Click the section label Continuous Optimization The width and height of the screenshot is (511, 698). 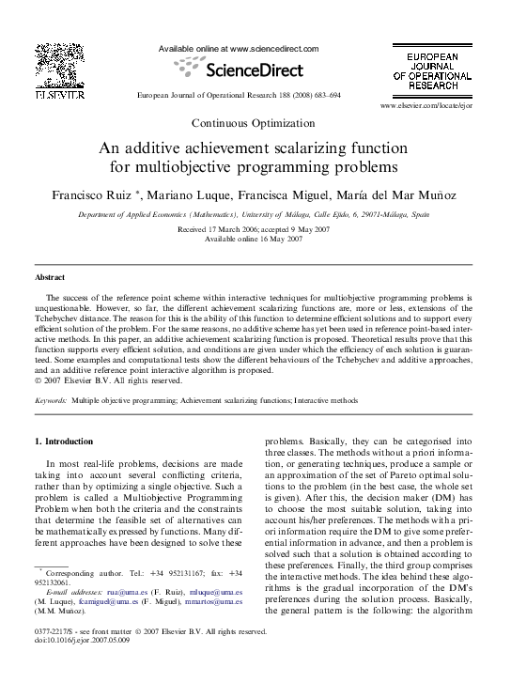255,122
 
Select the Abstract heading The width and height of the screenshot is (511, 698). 50,279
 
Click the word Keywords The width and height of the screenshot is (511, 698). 51,400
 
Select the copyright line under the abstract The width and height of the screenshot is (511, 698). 99,381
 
